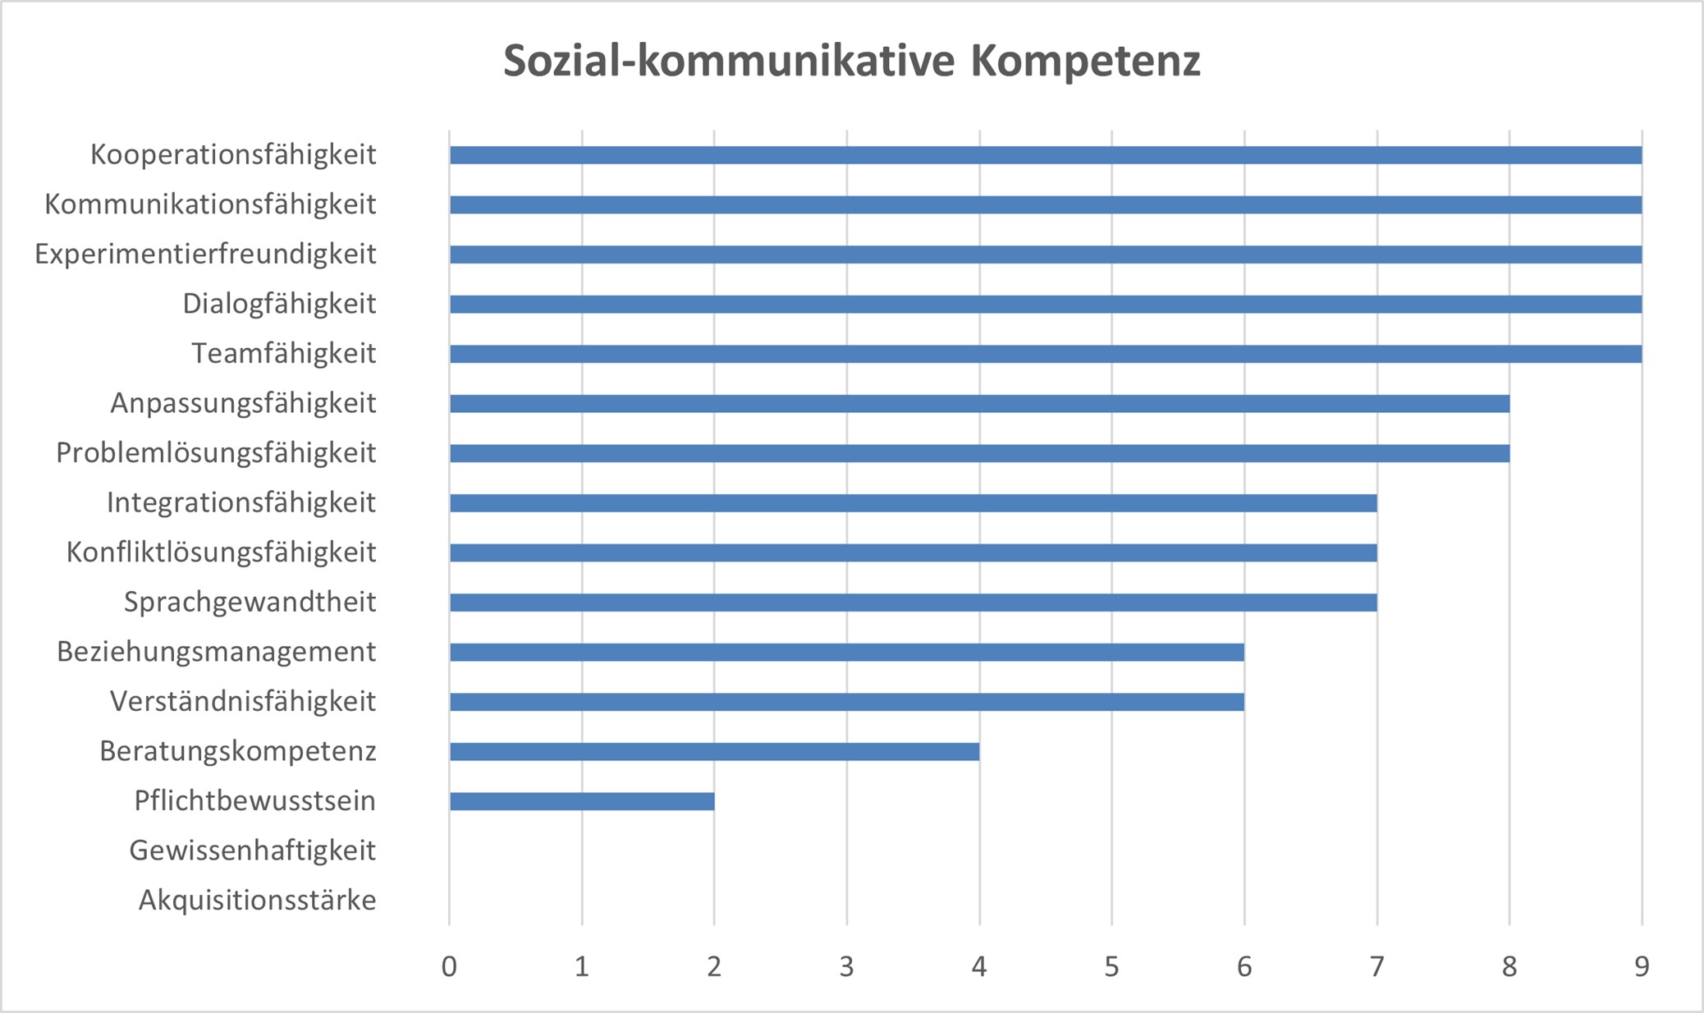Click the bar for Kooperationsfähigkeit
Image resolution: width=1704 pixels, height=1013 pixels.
click(1045, 155)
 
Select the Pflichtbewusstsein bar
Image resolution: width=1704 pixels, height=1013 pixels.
click(582, 801)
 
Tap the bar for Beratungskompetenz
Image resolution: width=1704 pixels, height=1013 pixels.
click(714, 751)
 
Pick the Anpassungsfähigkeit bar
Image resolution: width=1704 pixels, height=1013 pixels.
click(979, 404)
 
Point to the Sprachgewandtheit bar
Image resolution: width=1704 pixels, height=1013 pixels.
click(913, 603)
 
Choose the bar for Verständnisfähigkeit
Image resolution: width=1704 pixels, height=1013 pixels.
click(846, 702)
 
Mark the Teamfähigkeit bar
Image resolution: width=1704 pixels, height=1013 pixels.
click(1045, 354)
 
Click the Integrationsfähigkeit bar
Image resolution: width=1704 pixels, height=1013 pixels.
click(913, 503)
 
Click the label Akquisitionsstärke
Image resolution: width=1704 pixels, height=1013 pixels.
click(257, 901)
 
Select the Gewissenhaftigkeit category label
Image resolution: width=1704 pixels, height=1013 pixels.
click(252, 850)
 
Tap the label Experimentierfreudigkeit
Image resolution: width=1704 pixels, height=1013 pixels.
click(205, 254)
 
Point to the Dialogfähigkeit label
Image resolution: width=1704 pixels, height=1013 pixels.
click(279, 304)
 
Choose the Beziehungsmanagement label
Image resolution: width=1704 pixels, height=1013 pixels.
click(216, 652)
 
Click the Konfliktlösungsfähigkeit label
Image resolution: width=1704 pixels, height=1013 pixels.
click(221, 552)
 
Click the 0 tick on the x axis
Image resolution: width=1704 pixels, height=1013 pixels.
click(449, 967)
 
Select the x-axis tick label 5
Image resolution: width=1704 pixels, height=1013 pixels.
click(1111, 967)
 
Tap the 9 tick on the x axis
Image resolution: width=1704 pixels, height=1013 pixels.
click(1642, 967)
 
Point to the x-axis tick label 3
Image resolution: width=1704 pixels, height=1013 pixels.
click(846, 967)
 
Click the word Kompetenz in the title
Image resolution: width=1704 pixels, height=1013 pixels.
click(1085, 61)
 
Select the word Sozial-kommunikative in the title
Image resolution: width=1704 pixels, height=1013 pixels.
click(729, 61)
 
